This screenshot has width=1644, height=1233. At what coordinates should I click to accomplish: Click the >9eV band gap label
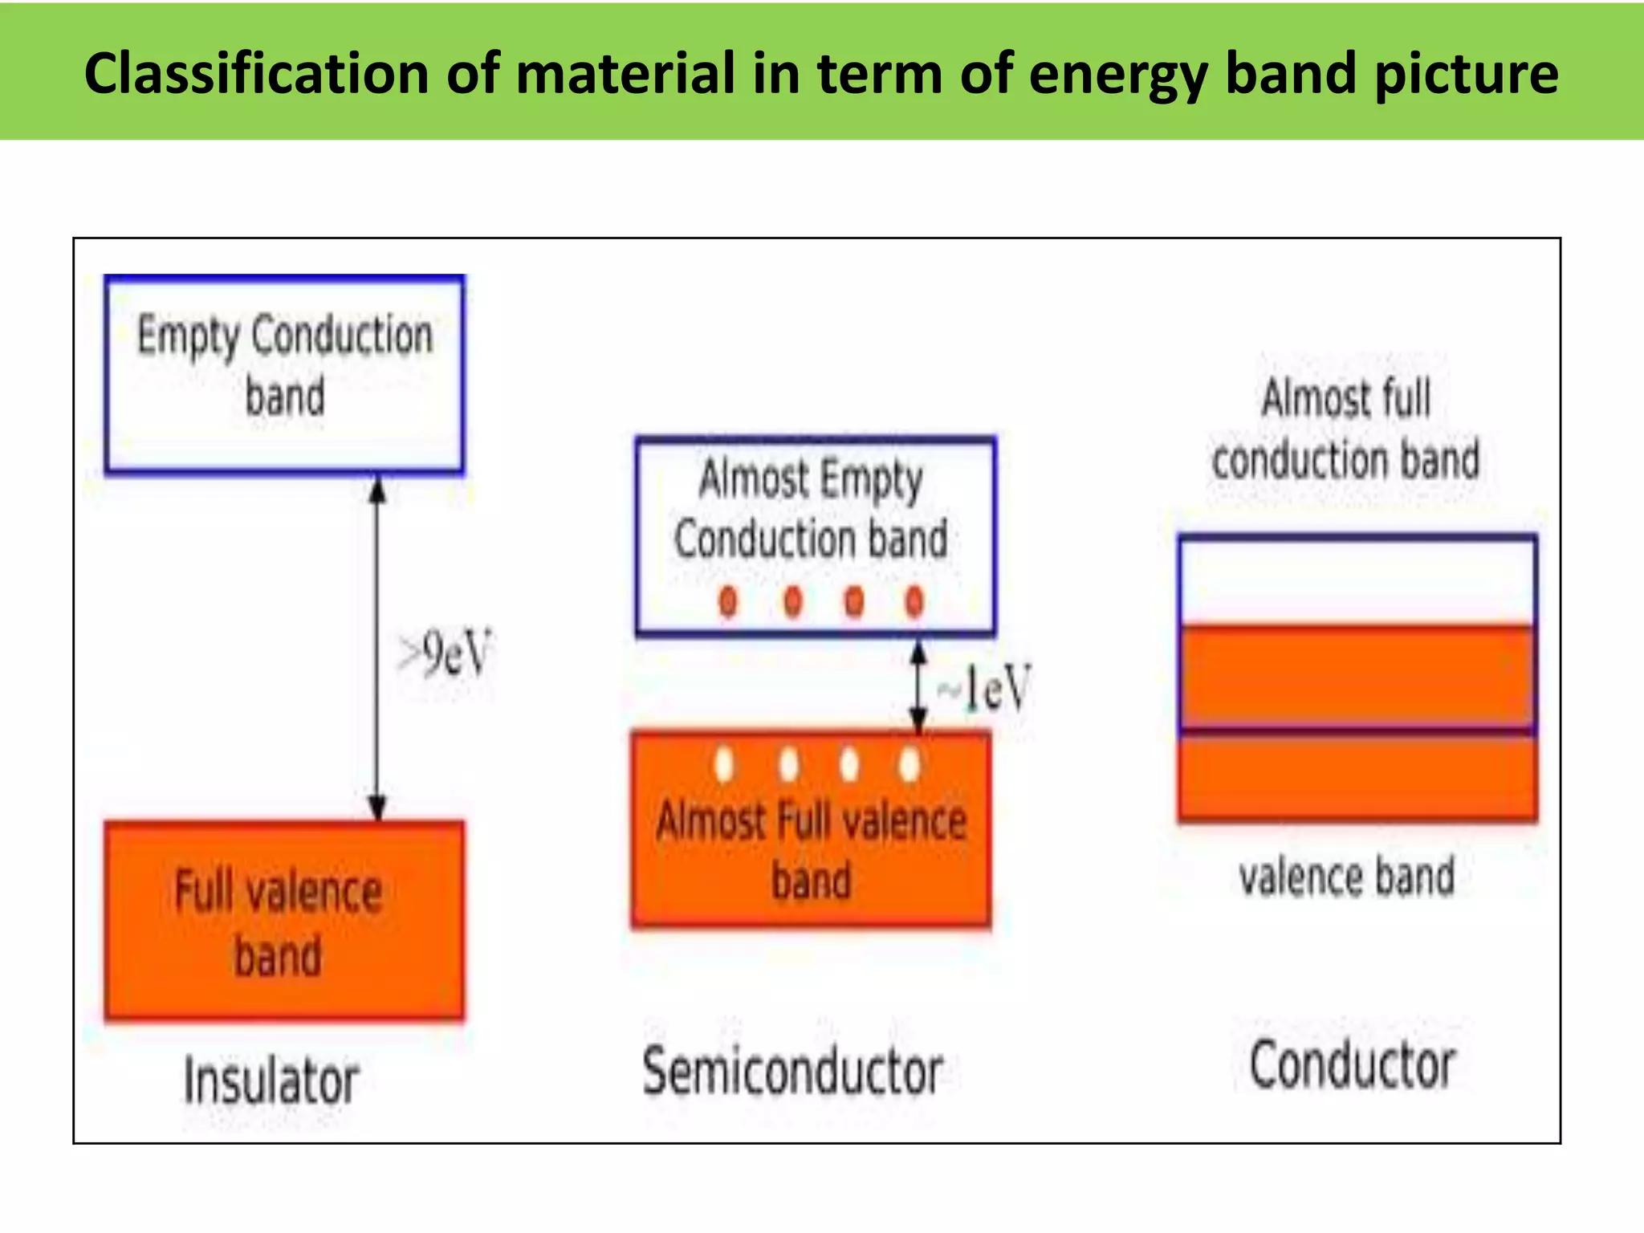pos(445,653)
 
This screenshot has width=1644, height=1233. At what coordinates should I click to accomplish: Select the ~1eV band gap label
pos(986,688)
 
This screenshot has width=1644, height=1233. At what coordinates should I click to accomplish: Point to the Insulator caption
pos(271,1080)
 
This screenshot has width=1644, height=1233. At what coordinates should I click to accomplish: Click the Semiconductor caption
pos(793,1072)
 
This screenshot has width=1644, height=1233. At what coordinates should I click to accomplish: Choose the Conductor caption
pos(1353,1066)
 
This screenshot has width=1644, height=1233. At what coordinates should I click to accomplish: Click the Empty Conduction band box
pos(284,374)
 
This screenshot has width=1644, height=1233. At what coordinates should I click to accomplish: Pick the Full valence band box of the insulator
pos(284,920)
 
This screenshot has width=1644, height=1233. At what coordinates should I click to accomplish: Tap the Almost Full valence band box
pos(811,830)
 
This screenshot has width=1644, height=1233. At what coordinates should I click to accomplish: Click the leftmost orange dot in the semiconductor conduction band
pos(728,600)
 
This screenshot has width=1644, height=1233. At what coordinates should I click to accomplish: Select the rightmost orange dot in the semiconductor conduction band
pos(914,600)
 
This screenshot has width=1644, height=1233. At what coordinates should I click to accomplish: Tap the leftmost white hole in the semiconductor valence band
pos(724,763)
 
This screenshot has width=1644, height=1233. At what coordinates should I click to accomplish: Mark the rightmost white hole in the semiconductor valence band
pos(909,763)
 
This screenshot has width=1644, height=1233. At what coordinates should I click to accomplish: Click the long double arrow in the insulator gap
pos(377,647)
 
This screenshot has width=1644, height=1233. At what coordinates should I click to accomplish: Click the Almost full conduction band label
pos(1346,429)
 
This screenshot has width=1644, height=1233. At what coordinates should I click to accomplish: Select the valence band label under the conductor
pos(1347,877)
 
